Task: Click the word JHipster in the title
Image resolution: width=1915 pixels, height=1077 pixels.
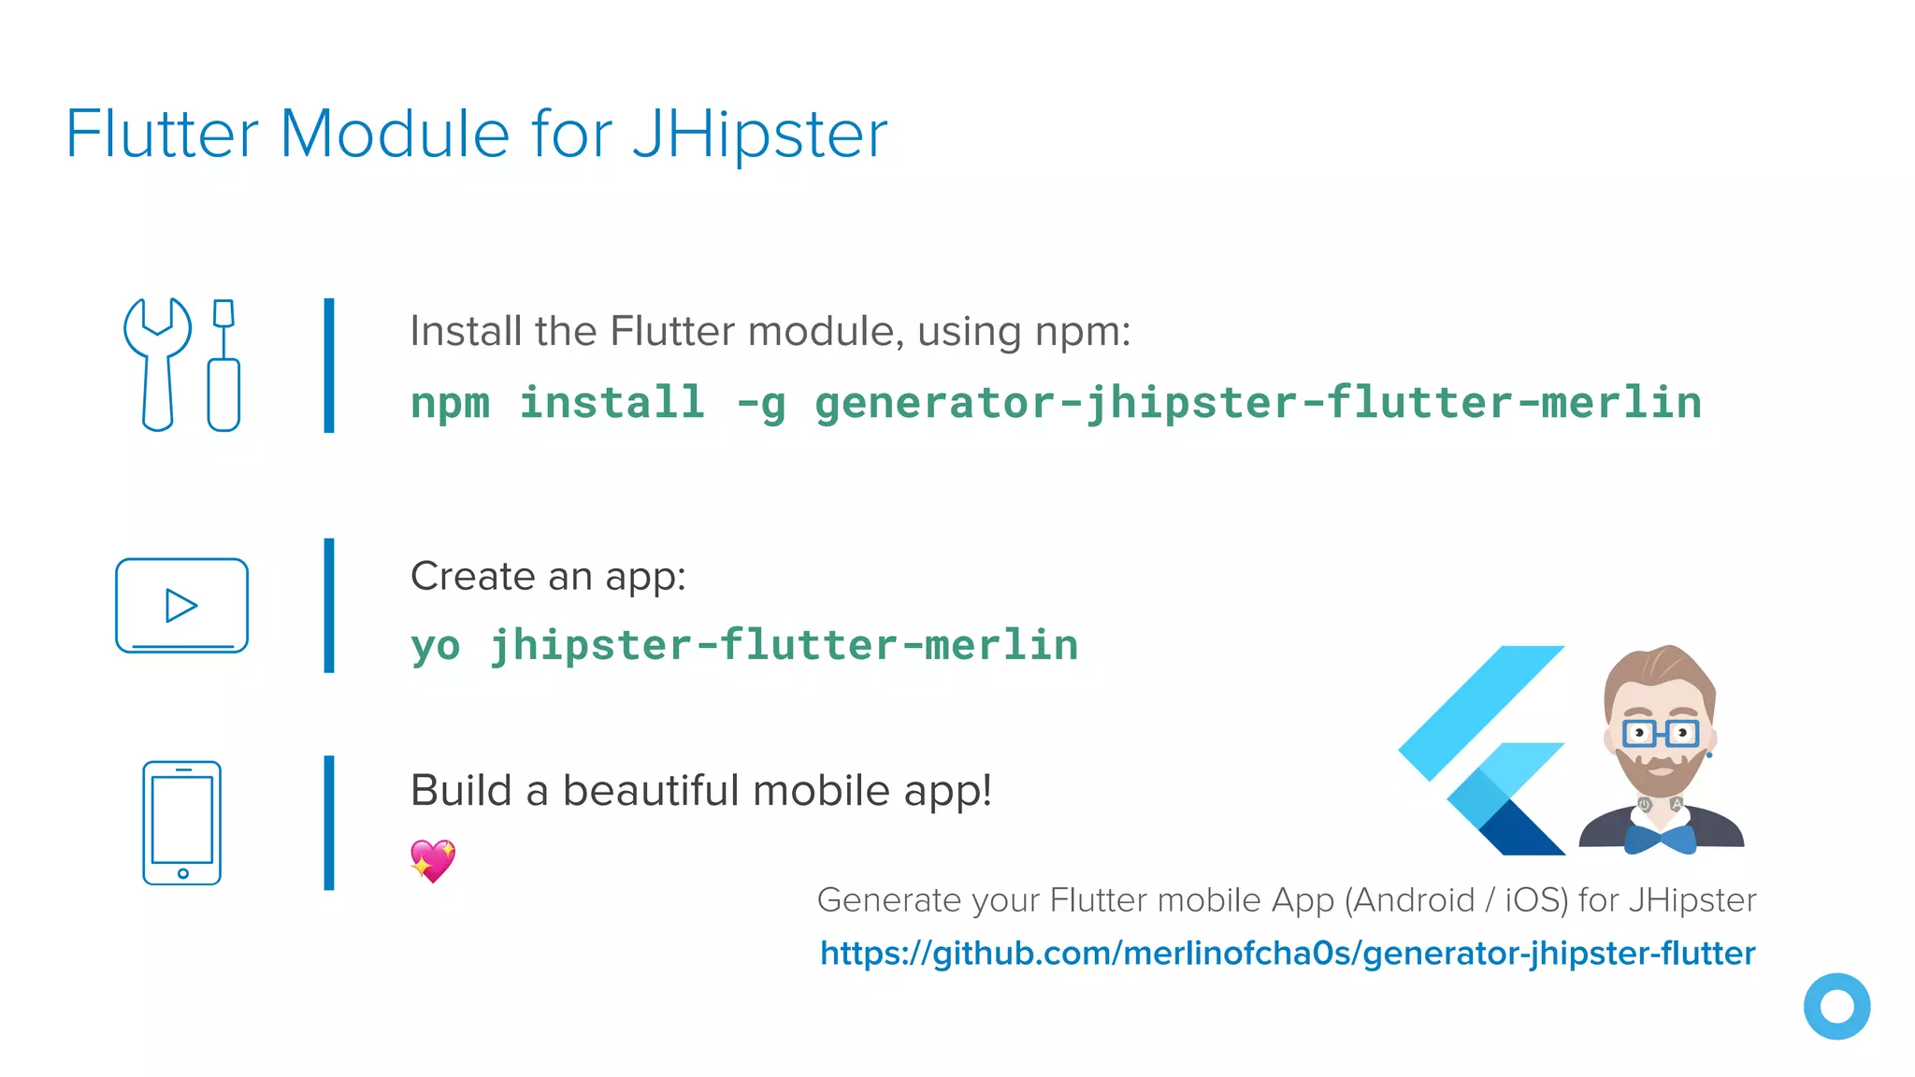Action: point(759,135)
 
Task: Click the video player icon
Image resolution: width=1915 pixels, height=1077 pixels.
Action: point(181,605)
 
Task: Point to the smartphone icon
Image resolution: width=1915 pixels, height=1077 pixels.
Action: point(181,823)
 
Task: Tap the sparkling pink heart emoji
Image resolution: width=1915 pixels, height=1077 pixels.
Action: point(433,860)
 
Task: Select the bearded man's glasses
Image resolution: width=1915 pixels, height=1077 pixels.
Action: point(1660,733)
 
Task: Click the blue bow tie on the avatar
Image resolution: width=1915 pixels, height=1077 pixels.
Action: point(1661,839)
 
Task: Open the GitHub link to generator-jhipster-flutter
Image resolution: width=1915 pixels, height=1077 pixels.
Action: point(1288,954)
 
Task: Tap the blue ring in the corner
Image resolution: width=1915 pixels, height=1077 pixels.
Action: point(1836,1007)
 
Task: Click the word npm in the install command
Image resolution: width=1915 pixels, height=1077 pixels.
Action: point(450,404)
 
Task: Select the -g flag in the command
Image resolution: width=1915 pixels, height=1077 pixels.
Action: point(760,404)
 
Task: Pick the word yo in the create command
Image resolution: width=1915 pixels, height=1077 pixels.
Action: point(436,646)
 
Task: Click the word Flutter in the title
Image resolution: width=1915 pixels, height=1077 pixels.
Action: point(162,135)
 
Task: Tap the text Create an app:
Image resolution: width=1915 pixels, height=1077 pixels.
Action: point(548,576)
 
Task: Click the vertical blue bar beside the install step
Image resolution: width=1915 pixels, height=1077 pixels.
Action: point(329,366)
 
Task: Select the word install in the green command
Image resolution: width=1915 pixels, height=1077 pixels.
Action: point(612,404)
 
